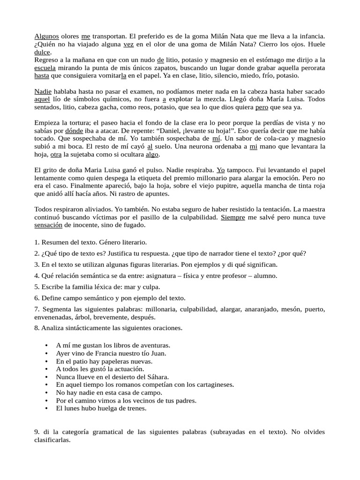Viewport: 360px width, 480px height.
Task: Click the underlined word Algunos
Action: (47, 36)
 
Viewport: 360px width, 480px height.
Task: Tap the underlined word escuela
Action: (45, 67)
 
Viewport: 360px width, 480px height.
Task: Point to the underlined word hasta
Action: (42, 75)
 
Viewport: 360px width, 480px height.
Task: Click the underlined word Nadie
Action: (44, 91)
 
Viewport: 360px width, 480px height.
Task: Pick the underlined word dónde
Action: (74, 131)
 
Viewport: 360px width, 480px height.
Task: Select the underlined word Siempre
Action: (232, 217)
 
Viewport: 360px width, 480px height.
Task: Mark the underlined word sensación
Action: (48, 225)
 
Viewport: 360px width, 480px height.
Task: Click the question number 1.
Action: (37, 243)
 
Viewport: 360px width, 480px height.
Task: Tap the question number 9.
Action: (37, 432)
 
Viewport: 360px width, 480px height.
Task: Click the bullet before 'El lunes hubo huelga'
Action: (46, 408)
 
